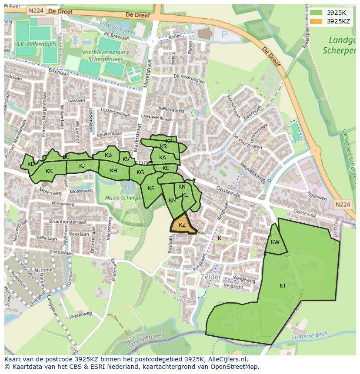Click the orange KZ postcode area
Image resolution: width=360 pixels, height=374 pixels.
(x=182, y=225)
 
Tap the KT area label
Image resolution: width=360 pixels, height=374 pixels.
(x=283, y=285)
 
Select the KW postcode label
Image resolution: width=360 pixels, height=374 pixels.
(x=275, y=242)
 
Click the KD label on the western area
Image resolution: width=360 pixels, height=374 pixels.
(x=31, y=164)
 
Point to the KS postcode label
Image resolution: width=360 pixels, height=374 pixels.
(x=151, y=189)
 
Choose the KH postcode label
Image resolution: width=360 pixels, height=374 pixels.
(x=113, y=171)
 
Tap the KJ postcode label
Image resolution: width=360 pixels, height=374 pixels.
(x=82, y=165)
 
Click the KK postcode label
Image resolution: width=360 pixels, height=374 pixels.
(x=49, y=171)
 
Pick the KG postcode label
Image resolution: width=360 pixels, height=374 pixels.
(x=140, y=172)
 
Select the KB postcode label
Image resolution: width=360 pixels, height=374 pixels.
(x=108, y=155)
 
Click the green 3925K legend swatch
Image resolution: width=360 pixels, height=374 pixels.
(x=316, y=13)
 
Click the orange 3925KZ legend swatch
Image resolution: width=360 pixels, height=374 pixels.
(x=316, y=21)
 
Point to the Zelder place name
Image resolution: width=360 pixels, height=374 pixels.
(x=211, y=277)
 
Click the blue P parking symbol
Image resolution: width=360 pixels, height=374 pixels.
(x=224, y=34)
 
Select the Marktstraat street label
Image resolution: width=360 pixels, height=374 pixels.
(x=149, y=74)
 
